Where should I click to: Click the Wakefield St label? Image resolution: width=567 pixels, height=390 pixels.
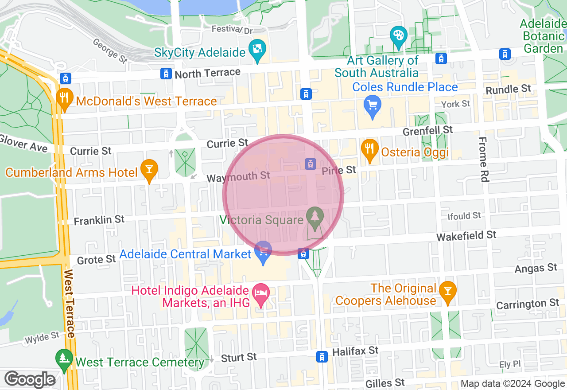point(466,236)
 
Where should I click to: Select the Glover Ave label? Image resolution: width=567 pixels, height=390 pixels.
point(23,143)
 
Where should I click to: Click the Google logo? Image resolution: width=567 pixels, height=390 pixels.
point(30,380)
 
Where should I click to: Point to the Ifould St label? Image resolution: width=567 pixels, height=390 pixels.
point(464,216)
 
